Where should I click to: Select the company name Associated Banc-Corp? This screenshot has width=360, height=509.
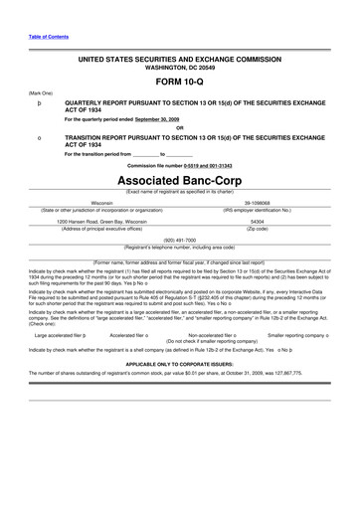coord(180,183)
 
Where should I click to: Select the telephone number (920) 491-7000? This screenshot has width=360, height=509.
coord(180,240)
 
